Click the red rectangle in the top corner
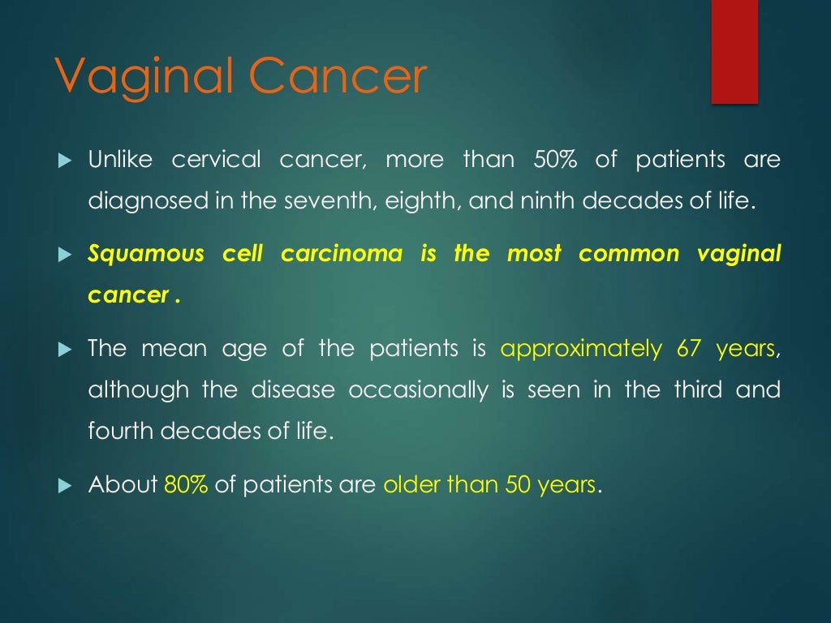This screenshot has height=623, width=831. click(x=734, y=51)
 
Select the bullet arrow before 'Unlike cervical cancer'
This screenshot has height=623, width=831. click(x=66, y=161)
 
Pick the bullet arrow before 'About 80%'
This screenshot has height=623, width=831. click(x=66, y=486)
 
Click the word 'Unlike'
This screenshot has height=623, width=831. click(x=120, y=160)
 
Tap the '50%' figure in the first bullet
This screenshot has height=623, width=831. click(x=555, y=160)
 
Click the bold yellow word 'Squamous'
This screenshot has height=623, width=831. click(x=146, y=255)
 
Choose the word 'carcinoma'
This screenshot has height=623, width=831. click(x=342, y=255)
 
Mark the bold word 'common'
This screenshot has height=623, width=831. click(x=629, y=255)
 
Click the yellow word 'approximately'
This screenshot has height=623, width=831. click(x=581, y=350)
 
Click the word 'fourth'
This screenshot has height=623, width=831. click(x=121, y=431)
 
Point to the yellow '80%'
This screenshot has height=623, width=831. click(x=186, y=485)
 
